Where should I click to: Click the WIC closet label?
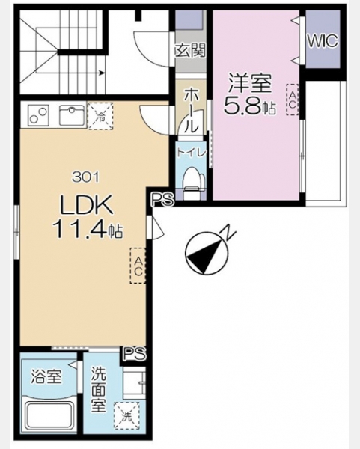(323, 41)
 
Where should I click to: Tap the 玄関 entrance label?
(190, 51)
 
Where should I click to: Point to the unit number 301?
(85, 177)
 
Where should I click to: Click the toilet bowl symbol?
(194, 183)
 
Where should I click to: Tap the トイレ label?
(191, 153)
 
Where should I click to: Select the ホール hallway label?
(191, 111)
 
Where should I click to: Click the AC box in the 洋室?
(293, 100)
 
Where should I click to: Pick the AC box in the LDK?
(138, 266)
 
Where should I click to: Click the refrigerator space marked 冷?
(100, 116)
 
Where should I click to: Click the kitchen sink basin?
(72, 115)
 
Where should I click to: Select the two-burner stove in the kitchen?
(38, 115)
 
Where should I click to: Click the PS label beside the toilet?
(162, 199)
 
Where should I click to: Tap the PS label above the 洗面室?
(135, 354)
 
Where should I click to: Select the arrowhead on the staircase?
(101, 73)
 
